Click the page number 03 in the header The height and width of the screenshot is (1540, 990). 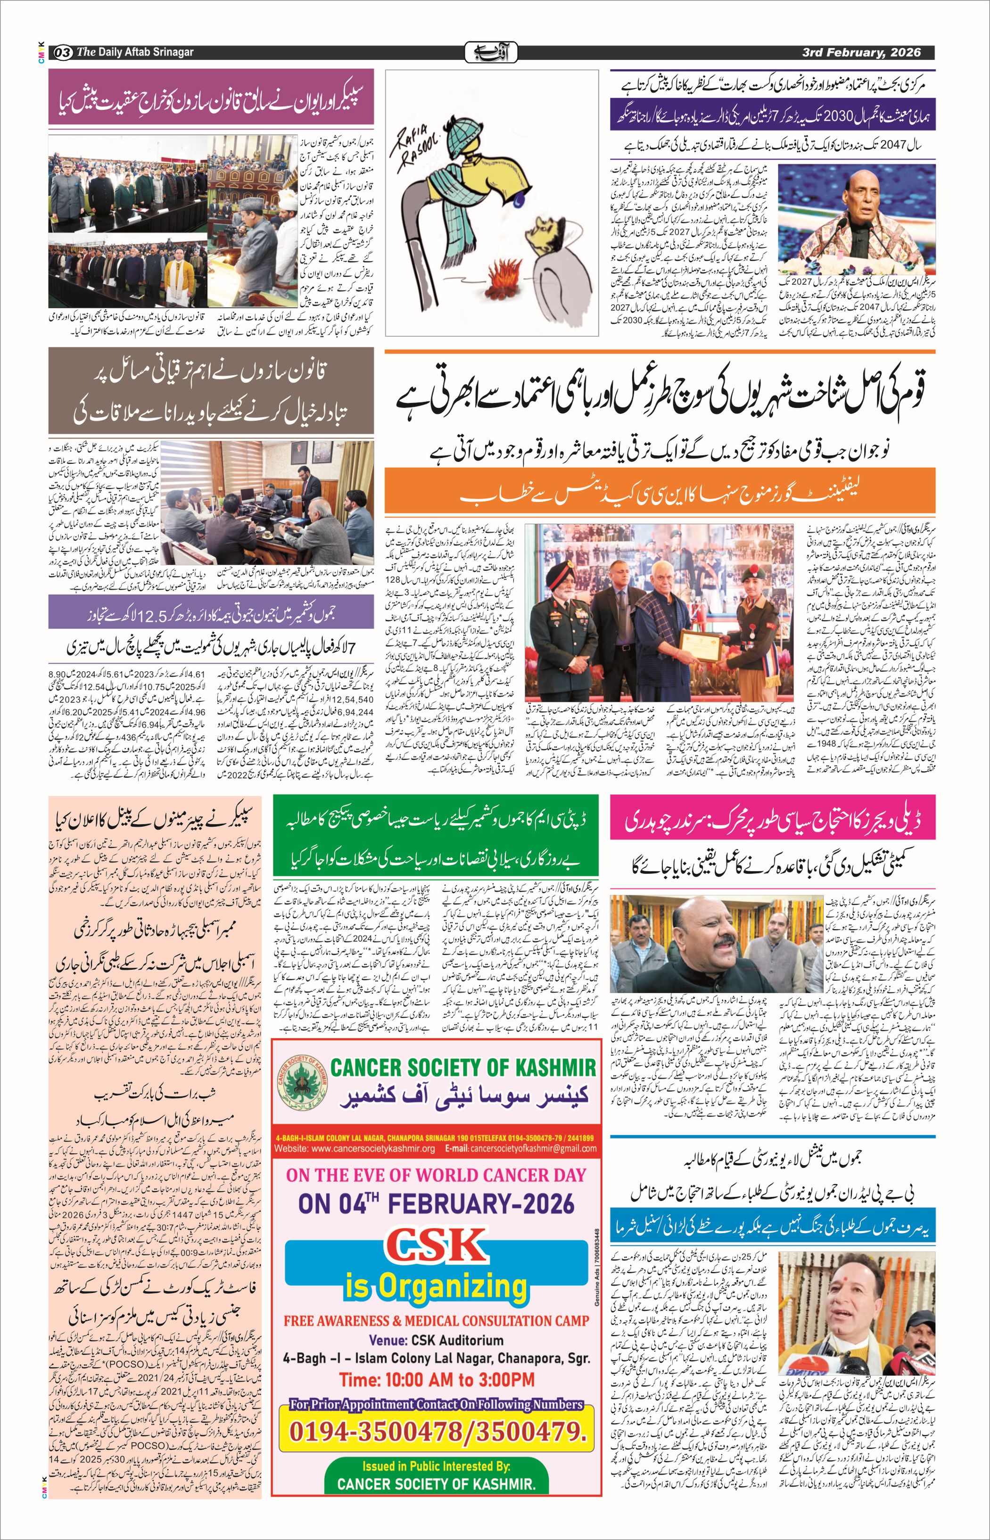pyautogui.click(x=63, y=52)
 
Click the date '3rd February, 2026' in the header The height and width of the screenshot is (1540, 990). pyautogui.click(x=861, y=52)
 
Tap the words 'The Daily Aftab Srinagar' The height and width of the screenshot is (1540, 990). pyautogui.click(x=134, y=52)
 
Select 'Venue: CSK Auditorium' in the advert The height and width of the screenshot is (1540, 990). pyautogui.click(x=436, y=1340)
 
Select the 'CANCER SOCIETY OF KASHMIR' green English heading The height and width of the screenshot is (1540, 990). pyautogui.click(x=463, y=1068)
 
